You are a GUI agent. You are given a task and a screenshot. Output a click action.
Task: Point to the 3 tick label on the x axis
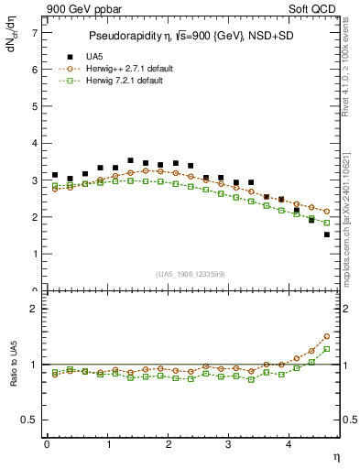coord(229,443)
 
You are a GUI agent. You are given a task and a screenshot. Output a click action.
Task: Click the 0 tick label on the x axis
coord(47,443)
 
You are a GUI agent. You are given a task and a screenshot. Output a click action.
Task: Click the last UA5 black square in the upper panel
coord(326,234)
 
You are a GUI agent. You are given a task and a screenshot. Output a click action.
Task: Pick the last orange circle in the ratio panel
coord(326,336)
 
